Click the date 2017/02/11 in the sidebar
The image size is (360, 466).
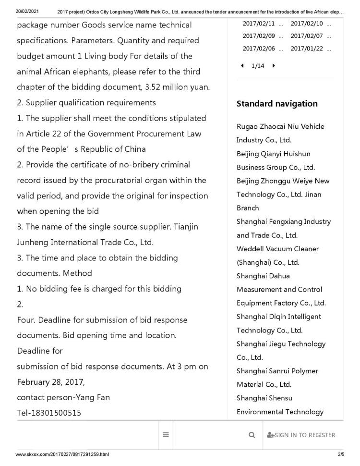259,24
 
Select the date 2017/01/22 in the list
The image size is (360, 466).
307,49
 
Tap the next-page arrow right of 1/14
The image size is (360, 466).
274,66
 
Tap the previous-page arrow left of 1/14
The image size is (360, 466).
242,66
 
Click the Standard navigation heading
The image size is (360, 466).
277,104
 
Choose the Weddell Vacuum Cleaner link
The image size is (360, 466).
277,249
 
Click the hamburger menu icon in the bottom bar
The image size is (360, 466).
166,435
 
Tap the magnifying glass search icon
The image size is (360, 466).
252,435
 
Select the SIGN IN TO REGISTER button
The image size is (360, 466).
301,435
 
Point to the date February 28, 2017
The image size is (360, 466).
51,382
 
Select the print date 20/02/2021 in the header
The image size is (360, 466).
27,11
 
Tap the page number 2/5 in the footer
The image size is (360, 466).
341,454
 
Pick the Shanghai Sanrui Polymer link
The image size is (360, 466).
277,371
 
